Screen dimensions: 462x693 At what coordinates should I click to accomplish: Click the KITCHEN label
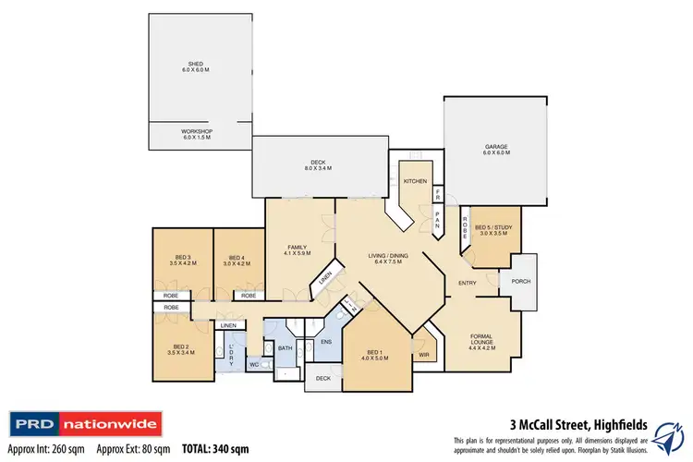click(x=414, y=182)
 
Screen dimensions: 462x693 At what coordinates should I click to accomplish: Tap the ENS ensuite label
click(x=324, y=342)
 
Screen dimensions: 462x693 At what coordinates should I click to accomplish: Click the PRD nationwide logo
click(x=85, y=426)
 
